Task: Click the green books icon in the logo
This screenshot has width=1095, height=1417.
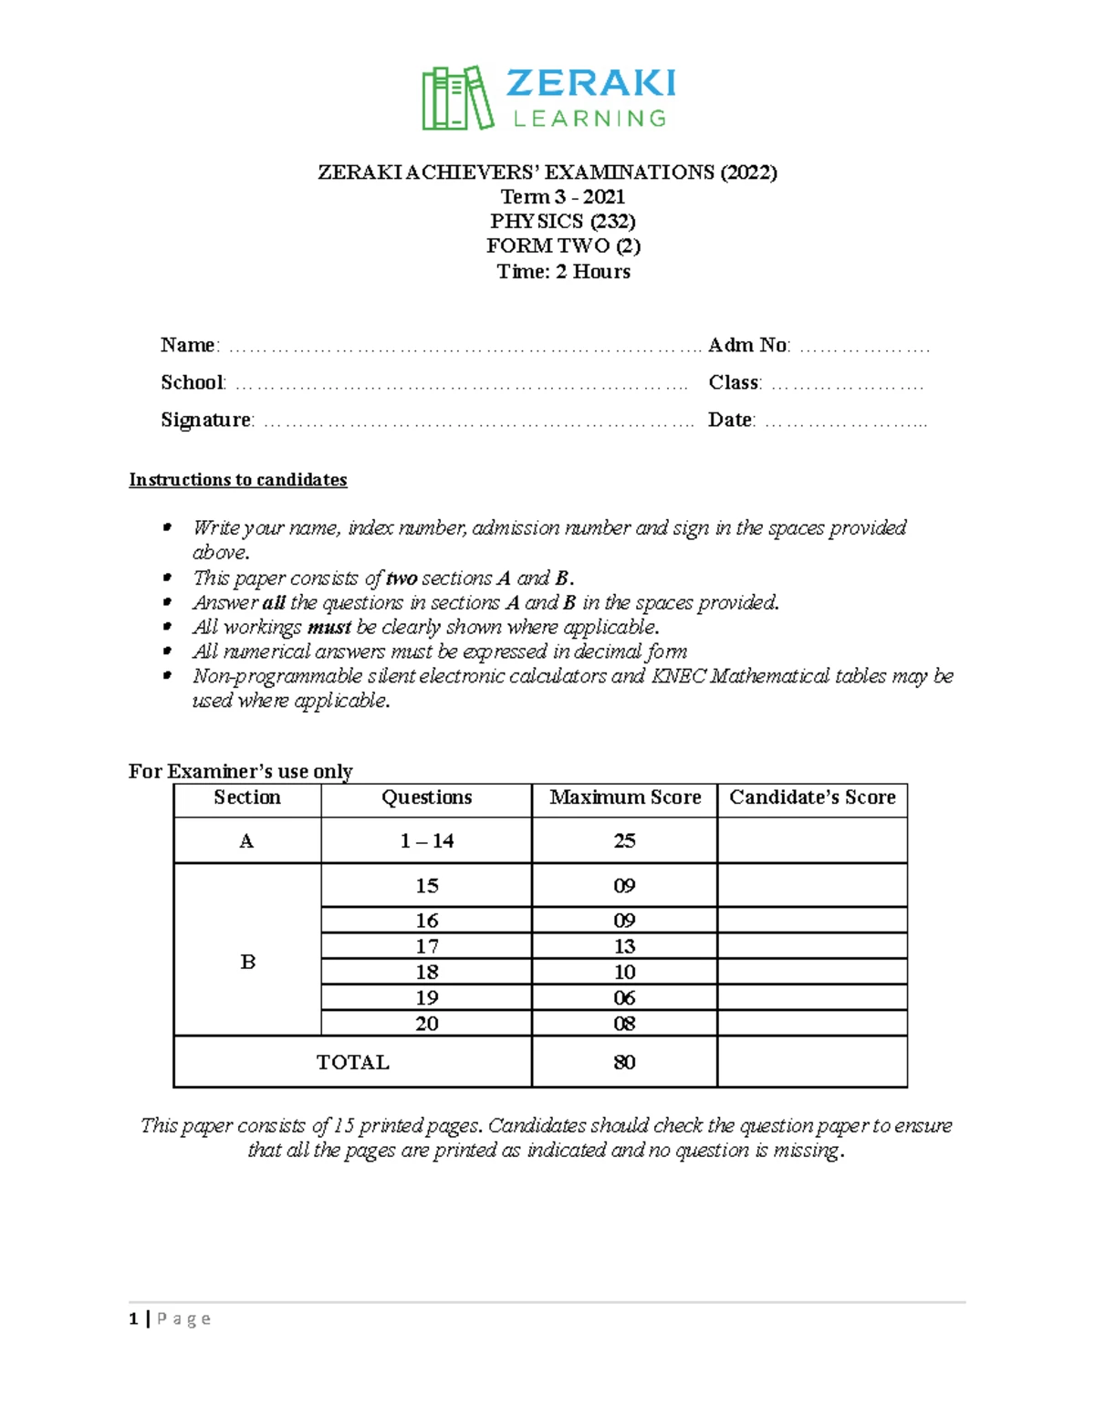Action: pos(457,98)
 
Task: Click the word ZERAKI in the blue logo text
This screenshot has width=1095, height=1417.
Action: pos(590,84)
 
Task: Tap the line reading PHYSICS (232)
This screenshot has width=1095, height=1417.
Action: pos(562,221)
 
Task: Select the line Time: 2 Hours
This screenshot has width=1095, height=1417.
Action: pos(563,271)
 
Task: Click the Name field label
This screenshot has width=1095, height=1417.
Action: pos(188,345)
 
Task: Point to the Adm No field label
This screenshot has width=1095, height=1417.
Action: pos(748,345)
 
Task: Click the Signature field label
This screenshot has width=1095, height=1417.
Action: pos(206,420)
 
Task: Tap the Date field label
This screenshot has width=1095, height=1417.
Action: pos(730,420)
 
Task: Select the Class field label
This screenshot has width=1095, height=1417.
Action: pos(734,382)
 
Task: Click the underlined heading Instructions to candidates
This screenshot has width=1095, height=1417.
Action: pos(237,480)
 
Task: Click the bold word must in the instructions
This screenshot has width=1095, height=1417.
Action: pos(328,627)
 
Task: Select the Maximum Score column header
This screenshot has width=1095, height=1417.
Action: pos(625,797)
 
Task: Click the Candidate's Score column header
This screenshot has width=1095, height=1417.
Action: pos(812,797)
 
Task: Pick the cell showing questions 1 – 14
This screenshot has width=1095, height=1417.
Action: pos(426,841)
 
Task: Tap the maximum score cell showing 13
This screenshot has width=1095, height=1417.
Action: pos(624,946)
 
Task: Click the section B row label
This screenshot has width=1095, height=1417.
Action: pos(247,962)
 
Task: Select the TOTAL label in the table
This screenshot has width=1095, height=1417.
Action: pos(352,1062)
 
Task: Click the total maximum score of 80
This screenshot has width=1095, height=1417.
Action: pos(624,1062)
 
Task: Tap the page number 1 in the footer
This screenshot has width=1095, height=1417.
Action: pos(134,1318)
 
